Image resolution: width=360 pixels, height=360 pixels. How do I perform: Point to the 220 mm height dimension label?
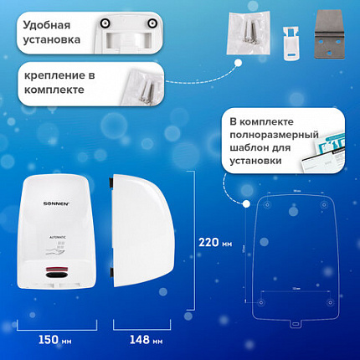click(213, 244)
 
